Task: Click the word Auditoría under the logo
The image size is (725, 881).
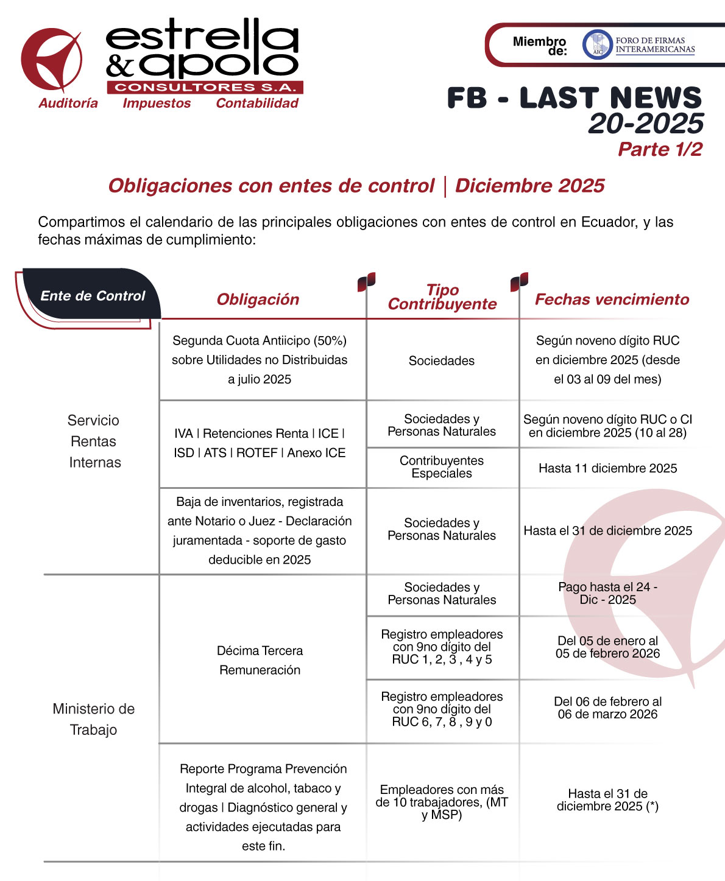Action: (68, 104)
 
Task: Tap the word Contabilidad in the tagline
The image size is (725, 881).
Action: (257, 104)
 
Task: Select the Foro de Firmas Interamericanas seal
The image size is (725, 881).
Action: (596, 45)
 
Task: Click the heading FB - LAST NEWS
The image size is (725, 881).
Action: (574, 99)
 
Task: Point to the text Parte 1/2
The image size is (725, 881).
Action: (660, 149)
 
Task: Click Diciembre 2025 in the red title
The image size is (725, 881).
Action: (529, 186)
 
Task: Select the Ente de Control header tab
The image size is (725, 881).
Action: (93, 297)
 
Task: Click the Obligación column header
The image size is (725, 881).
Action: (258, 300)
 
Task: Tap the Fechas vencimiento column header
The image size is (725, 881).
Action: (612, 300)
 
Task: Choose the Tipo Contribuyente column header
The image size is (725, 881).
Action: (442, 297)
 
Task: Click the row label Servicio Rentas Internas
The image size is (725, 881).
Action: (94, 441)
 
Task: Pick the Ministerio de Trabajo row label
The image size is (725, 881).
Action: (93, 719)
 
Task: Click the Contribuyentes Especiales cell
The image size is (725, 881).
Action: (442, 467)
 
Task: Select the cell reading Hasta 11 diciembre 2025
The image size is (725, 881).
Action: (607, 468)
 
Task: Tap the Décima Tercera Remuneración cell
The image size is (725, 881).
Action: (260, 660)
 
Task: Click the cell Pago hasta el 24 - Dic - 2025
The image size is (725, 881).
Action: (607, 593)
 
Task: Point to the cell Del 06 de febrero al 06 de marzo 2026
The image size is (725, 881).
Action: (607, 708)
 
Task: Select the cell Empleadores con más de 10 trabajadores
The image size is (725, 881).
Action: (442, 802)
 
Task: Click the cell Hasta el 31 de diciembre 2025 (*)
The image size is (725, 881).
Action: (607, 800)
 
